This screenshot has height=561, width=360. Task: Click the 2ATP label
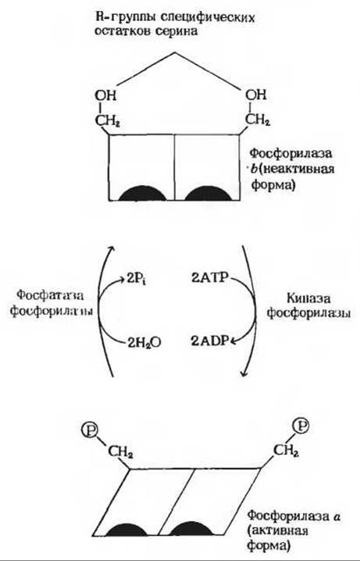point(209,278)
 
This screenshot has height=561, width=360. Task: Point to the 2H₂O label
point(144,343)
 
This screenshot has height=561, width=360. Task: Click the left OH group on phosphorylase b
point(105,95)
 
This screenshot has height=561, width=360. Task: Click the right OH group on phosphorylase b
point(256,95)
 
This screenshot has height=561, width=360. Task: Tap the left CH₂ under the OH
point(107,121)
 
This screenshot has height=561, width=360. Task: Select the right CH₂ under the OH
point(258,120)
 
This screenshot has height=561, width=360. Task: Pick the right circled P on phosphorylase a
point(301,426)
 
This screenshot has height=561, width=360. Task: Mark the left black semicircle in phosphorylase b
point(142,193)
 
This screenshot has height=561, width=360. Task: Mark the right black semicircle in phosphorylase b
point(208,193)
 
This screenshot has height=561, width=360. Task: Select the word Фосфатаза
point(50,296)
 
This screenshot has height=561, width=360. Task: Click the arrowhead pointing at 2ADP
point(233,341)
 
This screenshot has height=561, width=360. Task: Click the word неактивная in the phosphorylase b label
point(298,169)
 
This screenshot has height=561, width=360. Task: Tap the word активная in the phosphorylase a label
point(280,531)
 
